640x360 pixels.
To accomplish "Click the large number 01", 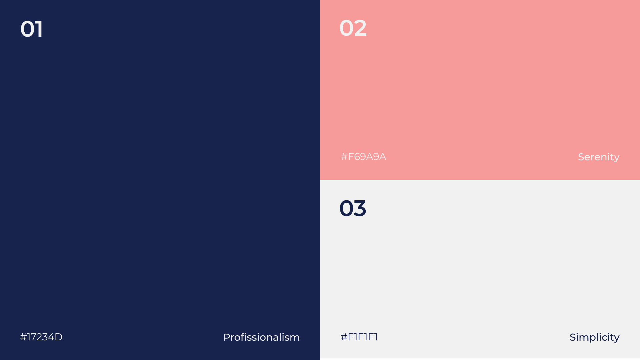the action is tap(32, 29).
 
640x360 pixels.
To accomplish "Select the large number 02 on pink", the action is tap(353, 28).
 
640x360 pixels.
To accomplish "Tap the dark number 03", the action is tap(353, 208).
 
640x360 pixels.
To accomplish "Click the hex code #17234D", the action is tap(41, 337).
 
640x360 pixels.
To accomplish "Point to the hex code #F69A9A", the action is tap(363, 157).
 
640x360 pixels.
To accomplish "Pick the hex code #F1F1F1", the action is tap(359, 337).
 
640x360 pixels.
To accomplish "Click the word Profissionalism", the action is tap(261, 337).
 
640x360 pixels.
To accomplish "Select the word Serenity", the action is tap(599, 157).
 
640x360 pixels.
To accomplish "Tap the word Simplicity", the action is tap(594, 338).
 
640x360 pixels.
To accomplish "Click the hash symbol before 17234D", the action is tap(23, 337).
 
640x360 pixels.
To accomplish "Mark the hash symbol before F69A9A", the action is tap(344, 157).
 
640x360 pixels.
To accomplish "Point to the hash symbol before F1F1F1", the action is tap(344, 337).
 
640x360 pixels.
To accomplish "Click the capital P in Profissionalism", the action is tap(227, 337).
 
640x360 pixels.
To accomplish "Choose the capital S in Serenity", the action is tap(581, 157).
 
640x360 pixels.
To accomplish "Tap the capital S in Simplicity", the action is tap(573, 337).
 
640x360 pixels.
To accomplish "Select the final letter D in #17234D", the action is tap(59, 337).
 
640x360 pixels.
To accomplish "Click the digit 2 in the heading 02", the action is tap(360, 28).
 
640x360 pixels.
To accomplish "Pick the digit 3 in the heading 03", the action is tap(360, 208).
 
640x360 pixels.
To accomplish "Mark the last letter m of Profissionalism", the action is tap(295, 338).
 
